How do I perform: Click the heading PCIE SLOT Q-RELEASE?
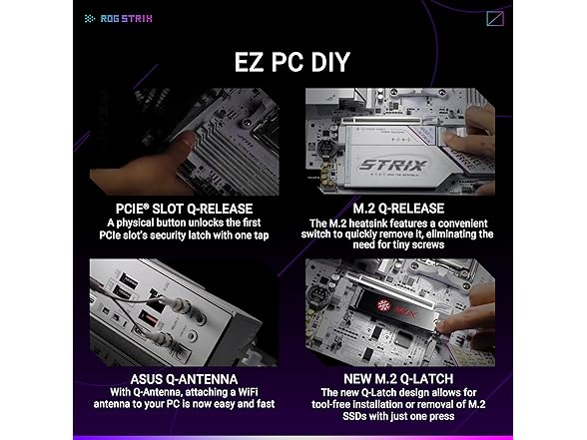click(x=193, y=207)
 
